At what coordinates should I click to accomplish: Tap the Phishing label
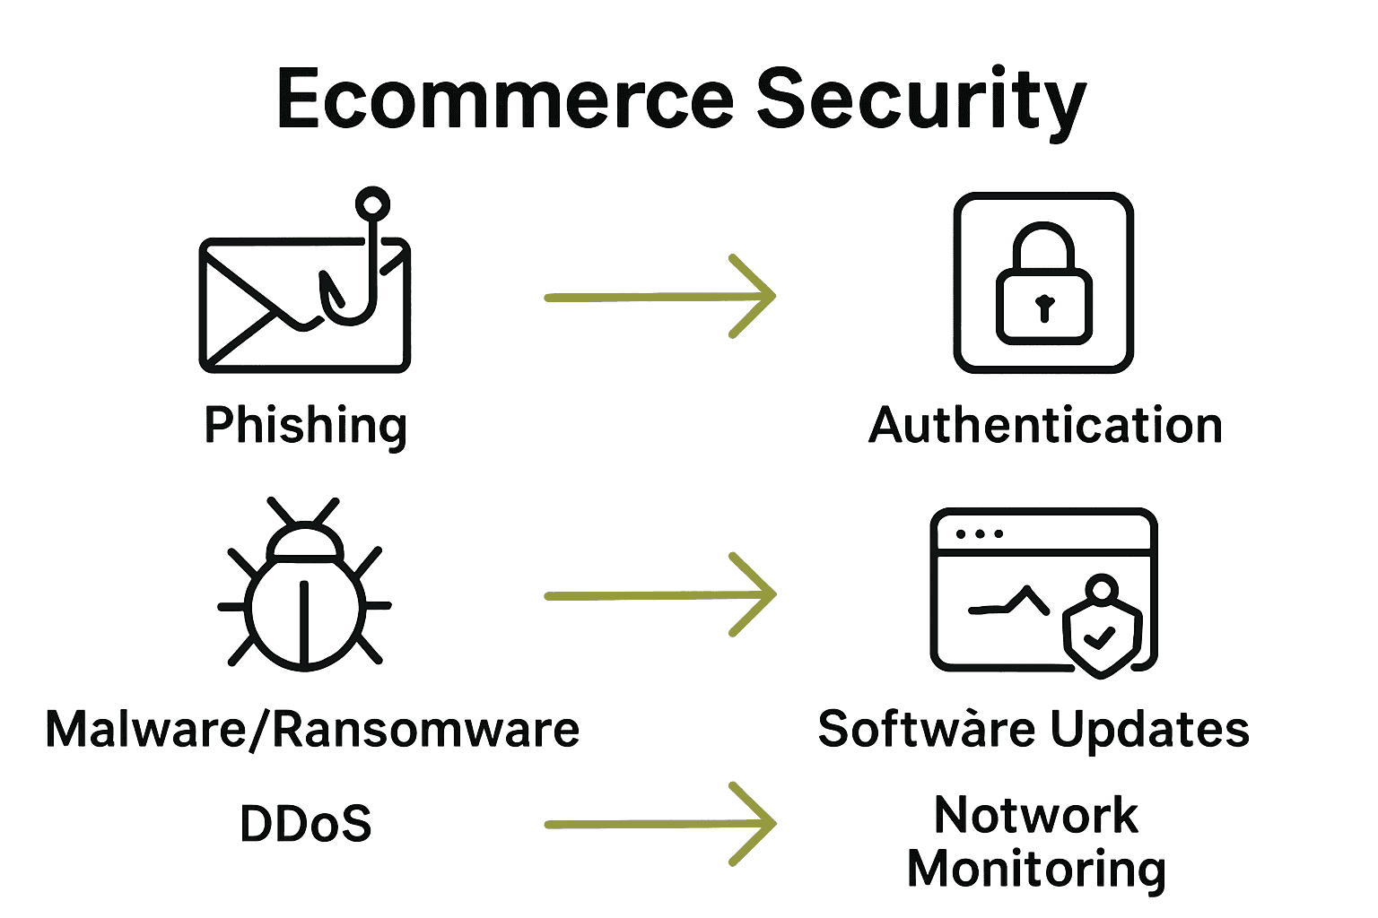pos(305,425)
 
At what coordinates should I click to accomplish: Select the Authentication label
pos(1045,425)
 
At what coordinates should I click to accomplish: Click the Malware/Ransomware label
pos(312,729)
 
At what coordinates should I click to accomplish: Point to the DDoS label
pos(305,823)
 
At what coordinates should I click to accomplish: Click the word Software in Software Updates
pos(927,729)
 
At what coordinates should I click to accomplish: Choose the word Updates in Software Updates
pos(1151,729)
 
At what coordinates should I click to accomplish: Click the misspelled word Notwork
pos(1036,815)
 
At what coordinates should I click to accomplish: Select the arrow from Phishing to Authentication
pos(660,297)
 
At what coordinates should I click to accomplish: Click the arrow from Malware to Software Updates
pos(660,595)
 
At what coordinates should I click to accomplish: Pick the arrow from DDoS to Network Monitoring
pos(660,824)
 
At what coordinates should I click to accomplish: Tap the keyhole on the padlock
pos(1043,307)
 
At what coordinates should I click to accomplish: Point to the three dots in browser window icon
pos(979,534)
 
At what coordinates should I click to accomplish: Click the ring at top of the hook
pos(371,204)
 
